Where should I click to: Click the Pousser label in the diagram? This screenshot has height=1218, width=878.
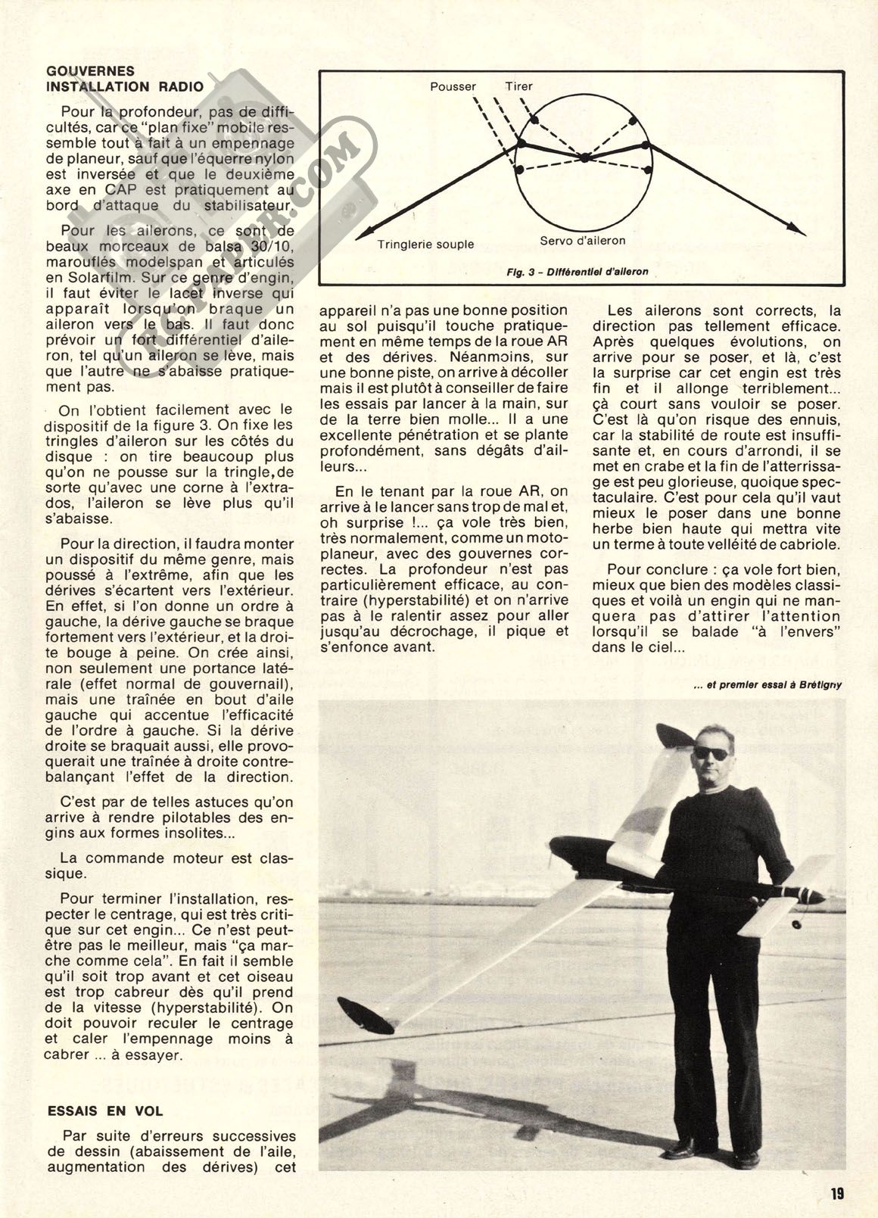[x=453, y=86]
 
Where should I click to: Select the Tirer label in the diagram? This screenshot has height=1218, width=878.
[x=518, y=86]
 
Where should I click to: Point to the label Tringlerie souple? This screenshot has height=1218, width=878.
[x=425, y=244]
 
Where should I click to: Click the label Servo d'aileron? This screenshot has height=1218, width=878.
[x=583, y=241]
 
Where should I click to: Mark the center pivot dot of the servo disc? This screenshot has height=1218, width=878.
[x=585, y=157]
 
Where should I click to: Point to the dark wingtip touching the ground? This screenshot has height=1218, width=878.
[x=365, y=1014]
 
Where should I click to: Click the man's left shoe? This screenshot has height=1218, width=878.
[x=746, y=1159]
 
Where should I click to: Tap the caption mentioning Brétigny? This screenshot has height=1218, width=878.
[x=767, y=685]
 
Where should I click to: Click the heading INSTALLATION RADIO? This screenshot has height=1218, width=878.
[x=125, y=86]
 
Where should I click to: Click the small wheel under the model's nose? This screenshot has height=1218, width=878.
[x=797, y=925]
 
